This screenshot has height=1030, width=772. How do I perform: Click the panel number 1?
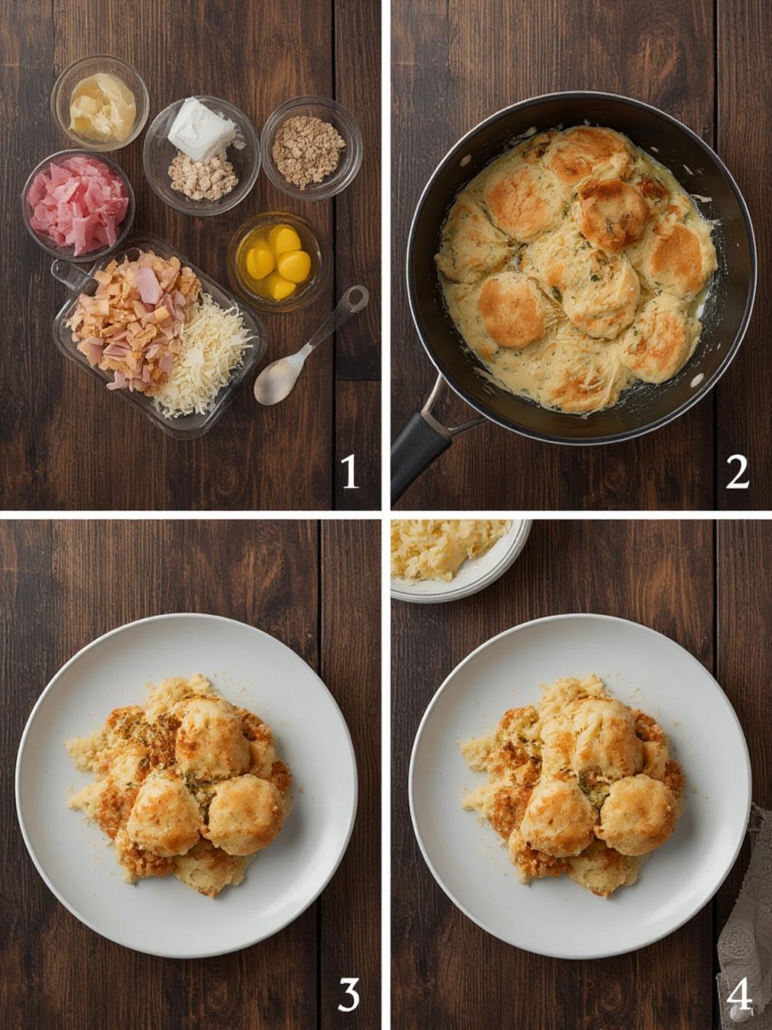click(350, 471)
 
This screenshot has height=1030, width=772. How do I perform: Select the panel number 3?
click(349, 994)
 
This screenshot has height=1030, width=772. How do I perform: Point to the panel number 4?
click(738, 994)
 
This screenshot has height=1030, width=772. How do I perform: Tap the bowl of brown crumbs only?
click(310, 149)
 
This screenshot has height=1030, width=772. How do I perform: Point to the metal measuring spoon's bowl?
click(278, 379)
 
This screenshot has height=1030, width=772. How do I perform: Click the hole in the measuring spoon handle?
click(356, 297)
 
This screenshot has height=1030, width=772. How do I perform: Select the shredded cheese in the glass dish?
click(205, 361)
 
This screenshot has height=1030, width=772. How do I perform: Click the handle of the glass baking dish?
click(70, 275)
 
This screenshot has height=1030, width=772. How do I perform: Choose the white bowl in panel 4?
click(459, 557)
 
